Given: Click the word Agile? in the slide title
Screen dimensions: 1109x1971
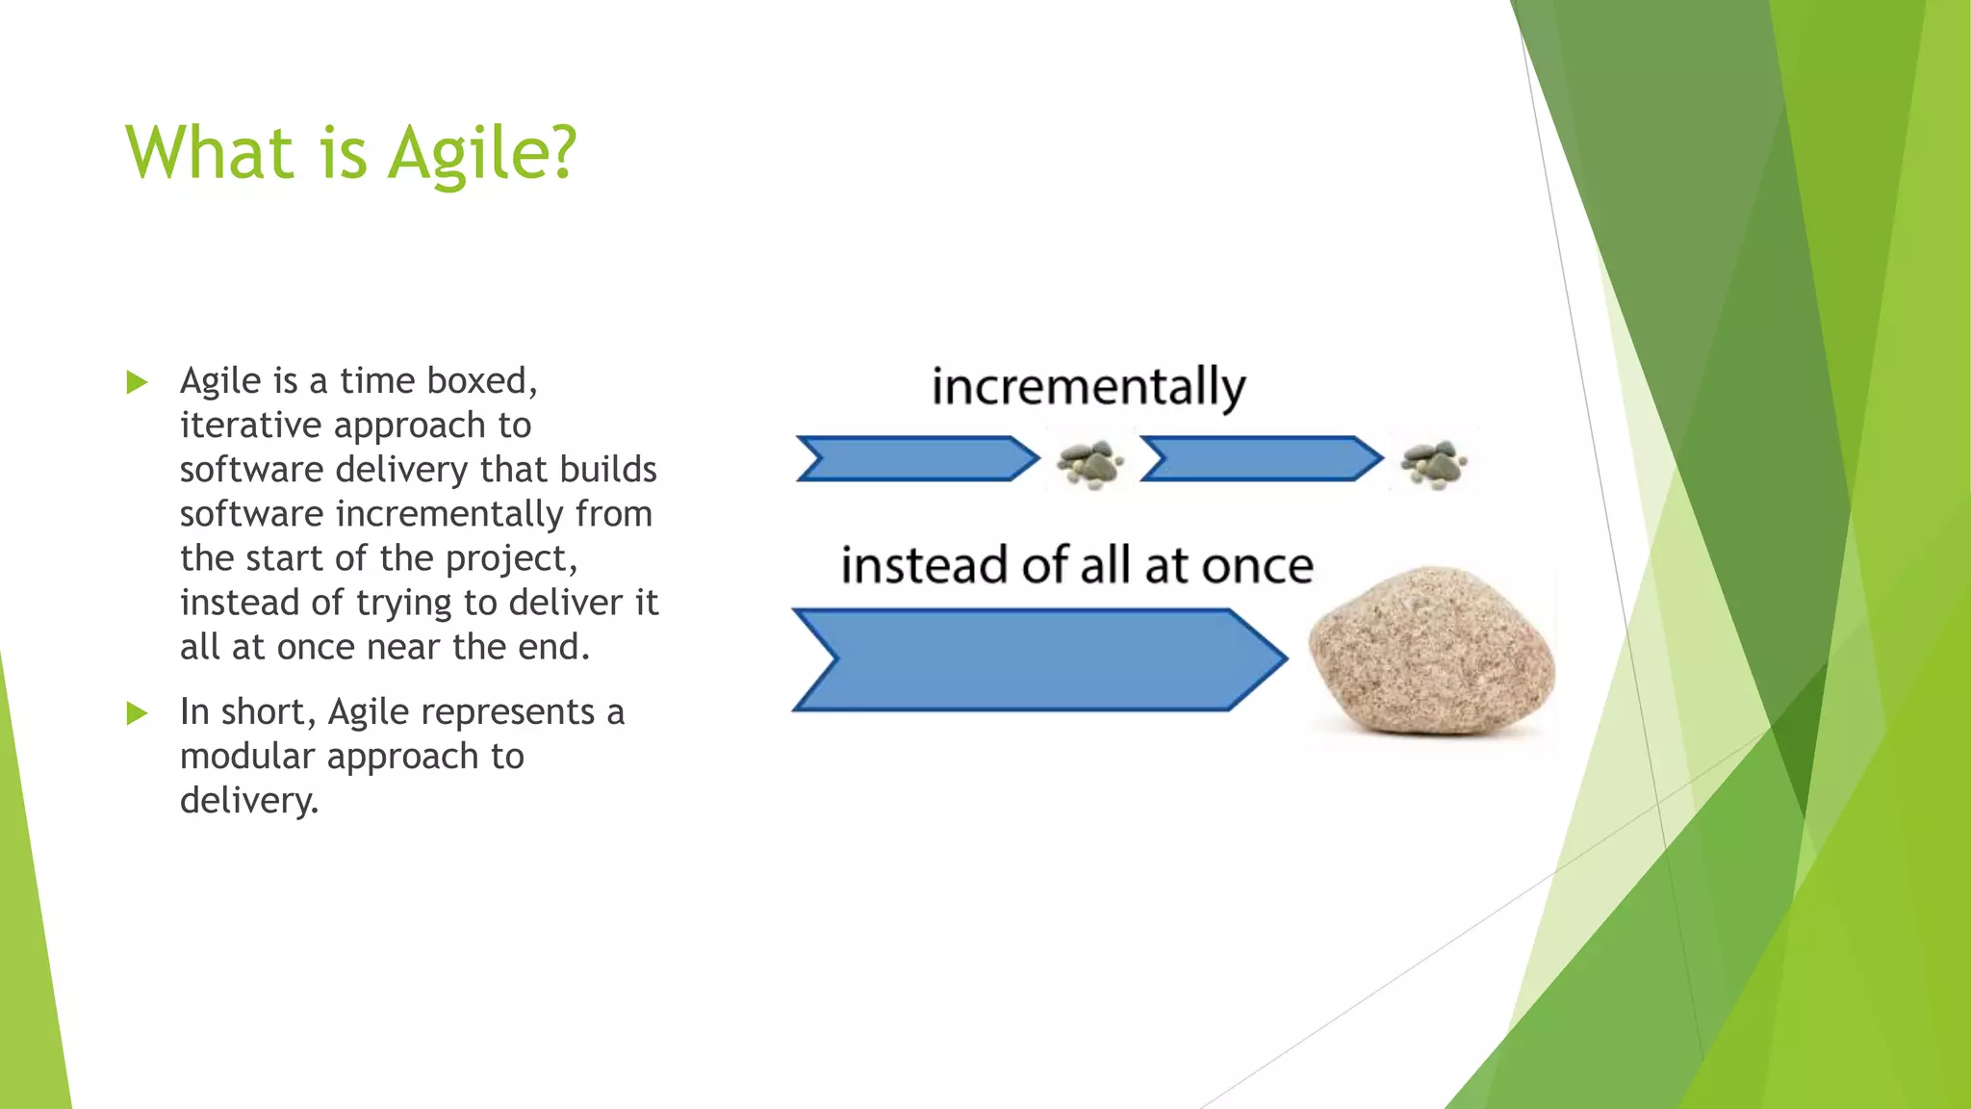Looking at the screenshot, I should coord(481,154).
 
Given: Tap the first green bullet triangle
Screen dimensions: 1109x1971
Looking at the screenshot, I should coord(137,382).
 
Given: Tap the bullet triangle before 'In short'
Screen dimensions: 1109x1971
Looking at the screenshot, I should coord(137,713).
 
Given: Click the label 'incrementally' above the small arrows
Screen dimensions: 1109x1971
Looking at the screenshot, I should coord(1088,387).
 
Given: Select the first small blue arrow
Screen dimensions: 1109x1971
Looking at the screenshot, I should coord(915,458).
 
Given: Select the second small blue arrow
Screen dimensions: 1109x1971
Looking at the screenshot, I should coord(1260,458).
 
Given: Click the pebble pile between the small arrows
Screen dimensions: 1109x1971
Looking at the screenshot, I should coord(1089,463).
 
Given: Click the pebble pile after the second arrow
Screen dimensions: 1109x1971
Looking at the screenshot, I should coord(1433,463).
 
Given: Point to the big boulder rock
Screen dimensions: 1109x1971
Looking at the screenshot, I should coord(1430,653).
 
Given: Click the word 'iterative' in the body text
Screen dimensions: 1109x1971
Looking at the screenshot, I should coord(250,426).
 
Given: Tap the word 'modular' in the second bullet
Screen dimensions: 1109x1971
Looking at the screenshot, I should coord(247,757).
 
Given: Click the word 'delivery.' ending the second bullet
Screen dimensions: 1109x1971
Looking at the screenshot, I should coord(248,801).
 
